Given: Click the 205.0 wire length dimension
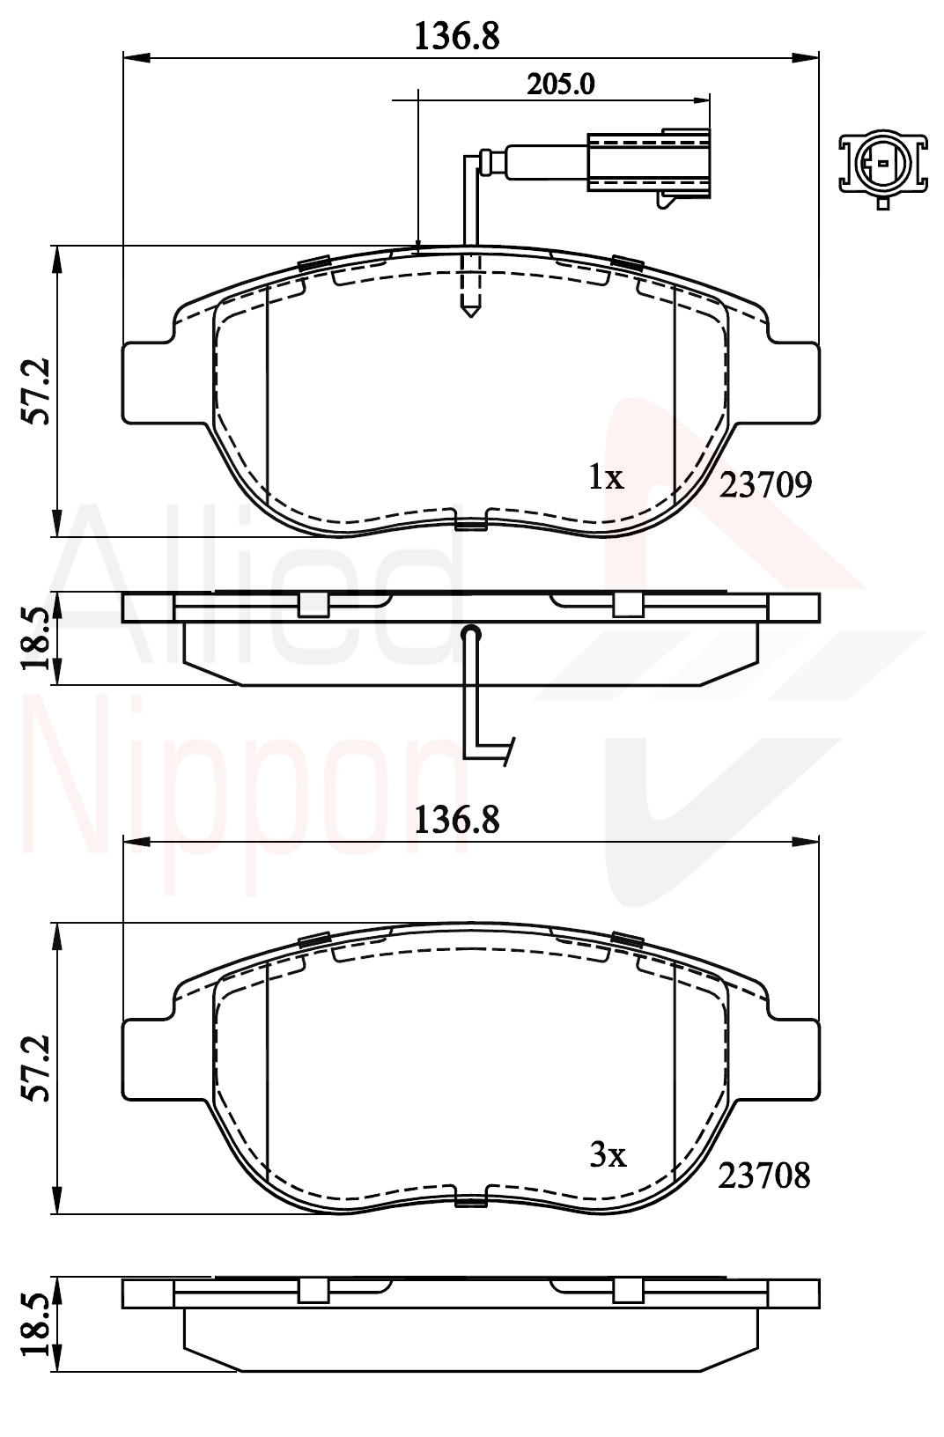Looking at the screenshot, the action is [561, 84].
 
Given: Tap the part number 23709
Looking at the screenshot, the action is [765, 485].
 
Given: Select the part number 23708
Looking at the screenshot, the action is [763, 1175].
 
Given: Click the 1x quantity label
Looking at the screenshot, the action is [606, 476].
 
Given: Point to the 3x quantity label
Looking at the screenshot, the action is [608, 1155].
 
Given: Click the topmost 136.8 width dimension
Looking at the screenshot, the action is [457, 36].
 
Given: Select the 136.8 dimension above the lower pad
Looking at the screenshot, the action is [457, 821].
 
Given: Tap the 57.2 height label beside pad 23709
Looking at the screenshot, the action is [36, 391].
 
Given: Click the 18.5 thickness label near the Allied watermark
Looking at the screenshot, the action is [36, 639].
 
